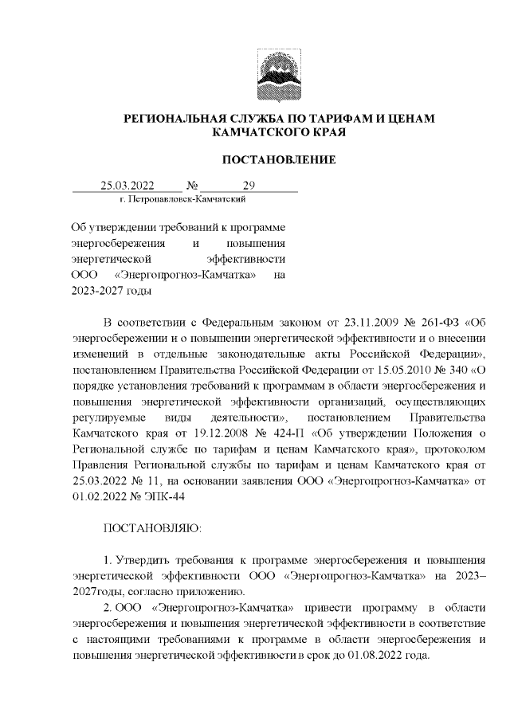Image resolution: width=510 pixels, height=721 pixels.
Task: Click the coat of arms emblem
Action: [x=278, y=72]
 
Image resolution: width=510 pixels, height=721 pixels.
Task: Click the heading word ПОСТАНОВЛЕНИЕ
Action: [x=278, y=159]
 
